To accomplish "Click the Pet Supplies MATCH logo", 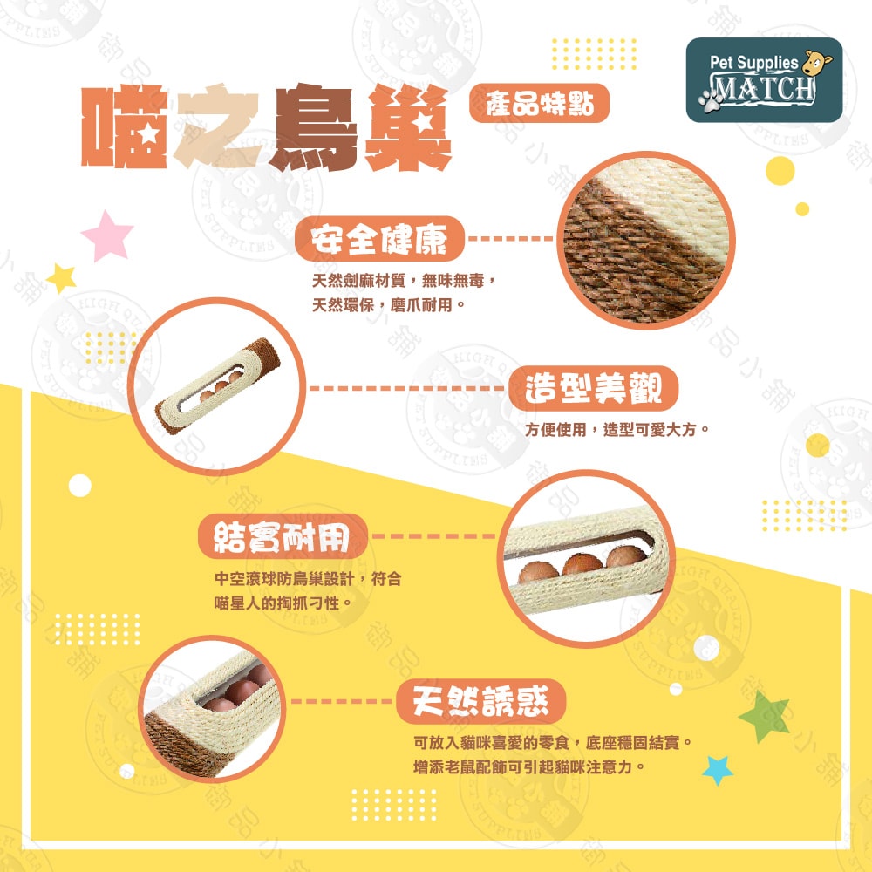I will pyautogui.click(x=764, y=79).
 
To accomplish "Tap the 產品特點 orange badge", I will pyautogui.click(x=538, y=105).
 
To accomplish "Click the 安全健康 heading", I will pyautogui.click(x=379, y=238).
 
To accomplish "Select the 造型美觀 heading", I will pyautogui.click(x=594, y=389).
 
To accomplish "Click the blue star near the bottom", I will pyautogui.click(x=718, y=769).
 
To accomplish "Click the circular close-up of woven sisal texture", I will pyautogui.click(x=642, y=238).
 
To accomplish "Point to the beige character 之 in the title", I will pyautogui.click(x=218, y=129).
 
